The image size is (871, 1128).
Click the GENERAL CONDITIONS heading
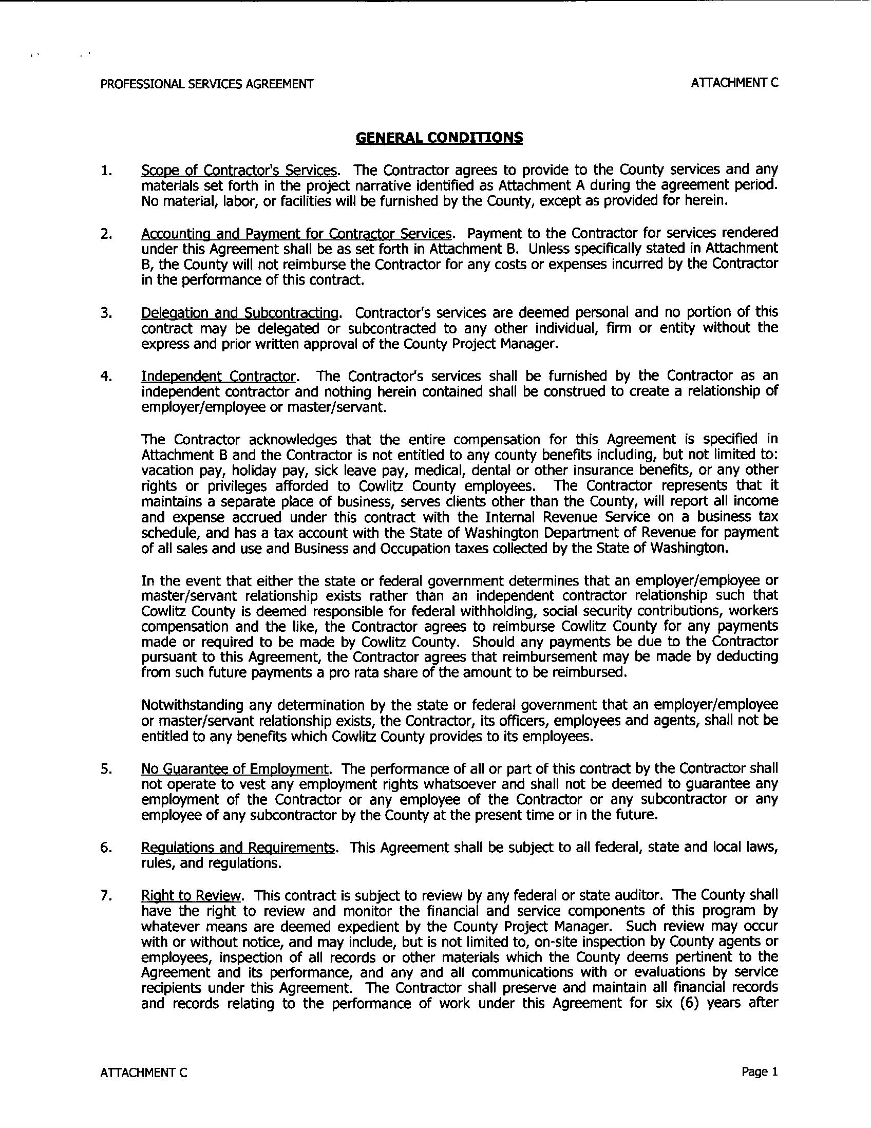tap(439, 138)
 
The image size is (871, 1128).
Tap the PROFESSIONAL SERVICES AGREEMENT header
tap(206, 84)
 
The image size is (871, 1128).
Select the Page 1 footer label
tap(759, 1071)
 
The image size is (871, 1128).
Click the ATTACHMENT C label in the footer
tap(143, 1073)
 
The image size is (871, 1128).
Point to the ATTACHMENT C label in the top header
tap(734, 83)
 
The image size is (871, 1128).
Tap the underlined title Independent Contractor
tap(219, 376)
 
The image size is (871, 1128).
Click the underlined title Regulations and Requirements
tap(238, 848)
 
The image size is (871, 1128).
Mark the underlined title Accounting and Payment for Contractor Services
tap(297, 233)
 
